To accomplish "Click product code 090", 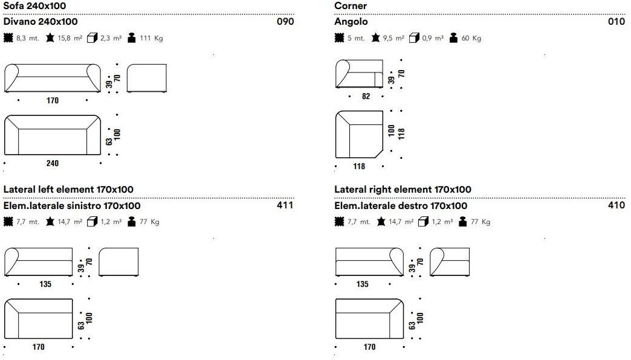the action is click(285, 21).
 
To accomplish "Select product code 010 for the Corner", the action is click(616, 21).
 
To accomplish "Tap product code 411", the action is click(285, 205).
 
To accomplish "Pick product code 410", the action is click(616, 205).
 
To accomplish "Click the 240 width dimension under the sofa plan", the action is click(53, 163).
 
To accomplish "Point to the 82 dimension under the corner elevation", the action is click(366, 96).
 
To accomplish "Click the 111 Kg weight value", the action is click(151, 38).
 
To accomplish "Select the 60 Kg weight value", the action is click(471, 38).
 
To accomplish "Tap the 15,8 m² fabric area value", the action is click(70, 38).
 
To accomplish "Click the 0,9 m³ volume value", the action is click(433, 38).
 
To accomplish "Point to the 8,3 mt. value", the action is click(28, 38).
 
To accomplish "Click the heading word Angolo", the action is click(351, 22).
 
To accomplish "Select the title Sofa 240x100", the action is click(34, 5).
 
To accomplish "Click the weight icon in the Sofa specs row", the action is click(131, 38).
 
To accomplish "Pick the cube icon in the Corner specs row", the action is click(414, 38).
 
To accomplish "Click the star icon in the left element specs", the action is click(50, 221).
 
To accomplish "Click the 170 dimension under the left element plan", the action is click(38, 347).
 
